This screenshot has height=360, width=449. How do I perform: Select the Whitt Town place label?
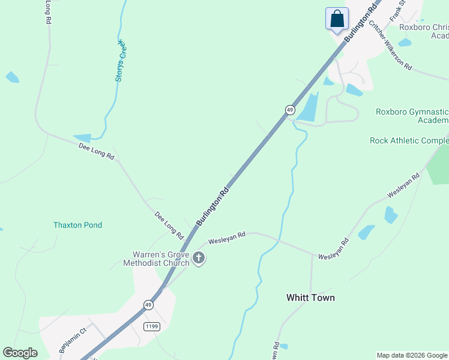[310, 298]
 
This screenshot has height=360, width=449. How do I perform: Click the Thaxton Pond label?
[77, 225]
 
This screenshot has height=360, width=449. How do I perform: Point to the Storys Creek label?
[119, 61]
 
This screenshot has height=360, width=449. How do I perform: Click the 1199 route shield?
[151, 325]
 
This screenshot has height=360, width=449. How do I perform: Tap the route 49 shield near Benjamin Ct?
[148, 305]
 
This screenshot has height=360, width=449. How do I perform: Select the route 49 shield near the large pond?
[290, 110]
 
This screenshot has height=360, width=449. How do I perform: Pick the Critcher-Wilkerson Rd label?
[390, 45]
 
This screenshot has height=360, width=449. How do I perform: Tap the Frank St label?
[399, 11]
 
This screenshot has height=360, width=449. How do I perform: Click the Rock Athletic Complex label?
[409, 140]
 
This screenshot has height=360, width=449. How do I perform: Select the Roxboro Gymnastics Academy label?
[412, 116]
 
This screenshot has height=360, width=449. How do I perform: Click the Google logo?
[20, 353]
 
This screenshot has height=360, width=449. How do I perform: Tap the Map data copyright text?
[412, 355]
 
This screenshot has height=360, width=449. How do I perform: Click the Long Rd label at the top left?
[47, 12]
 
